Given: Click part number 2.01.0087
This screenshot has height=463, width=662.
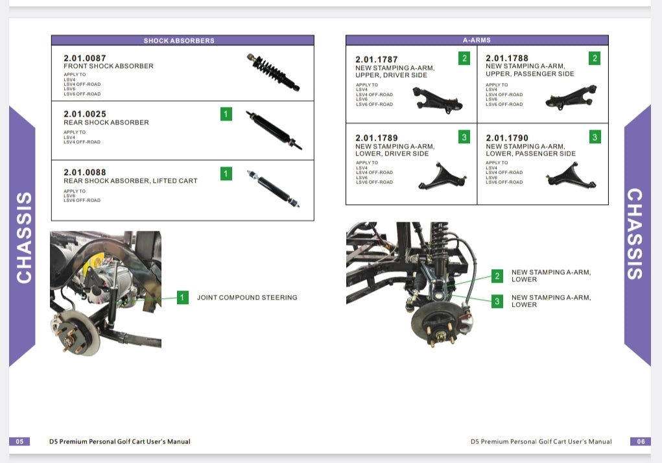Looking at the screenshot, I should point(85,58).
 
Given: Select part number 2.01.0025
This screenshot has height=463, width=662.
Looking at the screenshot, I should point(85,114).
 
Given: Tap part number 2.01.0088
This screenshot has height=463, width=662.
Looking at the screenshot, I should point(85,172).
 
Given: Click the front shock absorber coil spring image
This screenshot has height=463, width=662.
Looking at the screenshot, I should point(273,72).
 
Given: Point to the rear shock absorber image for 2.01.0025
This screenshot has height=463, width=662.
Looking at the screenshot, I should point(273,130).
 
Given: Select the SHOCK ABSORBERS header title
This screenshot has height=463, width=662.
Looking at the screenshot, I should point(179,40).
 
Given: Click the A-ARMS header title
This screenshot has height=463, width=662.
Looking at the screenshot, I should point(477,40).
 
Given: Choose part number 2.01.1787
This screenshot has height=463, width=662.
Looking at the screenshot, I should point(377,60).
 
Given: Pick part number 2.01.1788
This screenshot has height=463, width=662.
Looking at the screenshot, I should point(507,58).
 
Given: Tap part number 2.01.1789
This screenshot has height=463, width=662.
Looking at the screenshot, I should point(377,138).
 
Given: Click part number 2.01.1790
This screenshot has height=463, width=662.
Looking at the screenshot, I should point(507,138).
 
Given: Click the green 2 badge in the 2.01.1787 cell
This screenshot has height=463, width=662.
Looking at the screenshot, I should point(464,58).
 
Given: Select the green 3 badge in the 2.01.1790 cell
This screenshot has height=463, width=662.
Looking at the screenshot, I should point(595,137).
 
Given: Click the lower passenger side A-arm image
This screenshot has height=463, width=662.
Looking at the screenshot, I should point(571,175).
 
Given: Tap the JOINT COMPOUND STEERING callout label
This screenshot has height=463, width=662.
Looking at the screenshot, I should point(247,298).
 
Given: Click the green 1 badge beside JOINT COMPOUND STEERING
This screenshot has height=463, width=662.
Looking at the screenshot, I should point(183,298).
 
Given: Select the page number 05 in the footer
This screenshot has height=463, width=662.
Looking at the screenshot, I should point(19,442).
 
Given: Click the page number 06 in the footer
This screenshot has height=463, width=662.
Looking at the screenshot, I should point(640,442).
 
